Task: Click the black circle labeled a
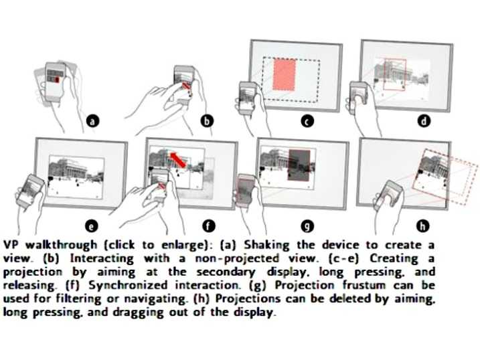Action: click(93, 121)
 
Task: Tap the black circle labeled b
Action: click(207, 121)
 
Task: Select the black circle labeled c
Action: click(307, 121)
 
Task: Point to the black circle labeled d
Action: click(424, 121)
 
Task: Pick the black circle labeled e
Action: click(91, 226)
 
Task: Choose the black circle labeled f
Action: click(208, 226)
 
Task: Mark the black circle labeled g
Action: click(307, 226)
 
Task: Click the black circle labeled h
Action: click(422, 226)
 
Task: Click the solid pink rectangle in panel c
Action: click(285, 75)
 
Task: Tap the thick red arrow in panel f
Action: click(177, 160)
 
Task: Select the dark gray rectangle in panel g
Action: click(299, 165)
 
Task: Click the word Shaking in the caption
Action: click(266, 246)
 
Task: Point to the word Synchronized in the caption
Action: click(128, 285)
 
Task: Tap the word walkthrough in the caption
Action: click(61, 245)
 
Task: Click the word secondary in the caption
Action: click(226, 272)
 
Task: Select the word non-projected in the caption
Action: click(237, 259)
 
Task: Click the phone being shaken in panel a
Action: click(55, 82)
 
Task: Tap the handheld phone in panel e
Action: click(31, 192)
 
